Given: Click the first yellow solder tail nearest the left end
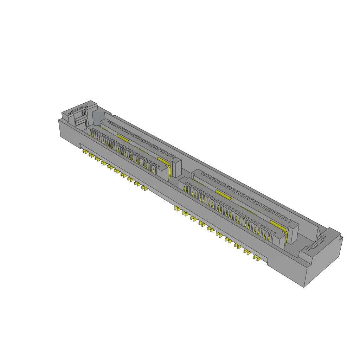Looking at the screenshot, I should point(84,152).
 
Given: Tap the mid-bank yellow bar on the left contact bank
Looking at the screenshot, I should point(123,137).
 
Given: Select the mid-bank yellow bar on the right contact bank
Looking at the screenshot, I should point(224,194).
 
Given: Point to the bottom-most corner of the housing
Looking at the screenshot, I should point(304,287).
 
